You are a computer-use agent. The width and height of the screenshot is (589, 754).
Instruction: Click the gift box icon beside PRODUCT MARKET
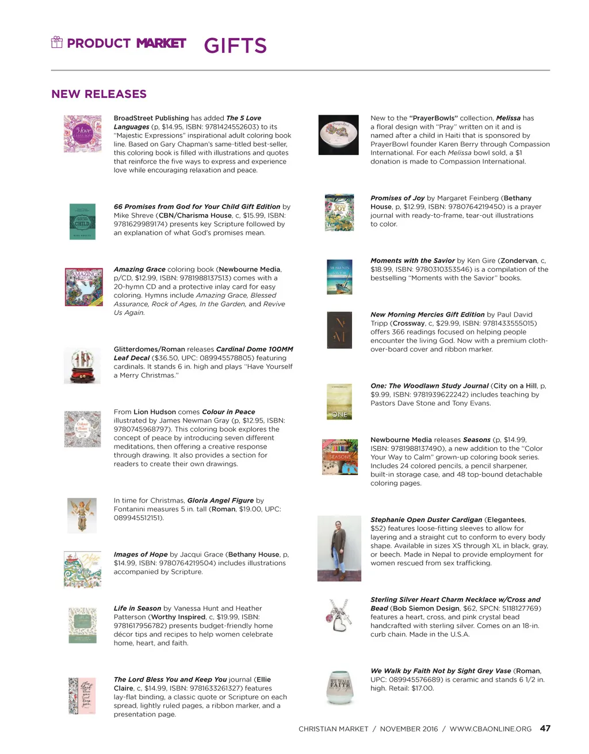(x=57, y=42)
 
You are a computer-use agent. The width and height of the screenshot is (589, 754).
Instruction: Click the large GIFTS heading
(x=235, y=45)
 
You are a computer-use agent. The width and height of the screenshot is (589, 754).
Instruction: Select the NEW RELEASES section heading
(x=99, y=94)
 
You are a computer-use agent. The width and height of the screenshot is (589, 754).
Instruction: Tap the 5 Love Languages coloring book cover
(x=83, y=134)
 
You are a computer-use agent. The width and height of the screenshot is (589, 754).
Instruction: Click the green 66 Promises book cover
(x=82, y=222)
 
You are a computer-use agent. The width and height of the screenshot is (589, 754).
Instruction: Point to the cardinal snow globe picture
(x=82, y=365)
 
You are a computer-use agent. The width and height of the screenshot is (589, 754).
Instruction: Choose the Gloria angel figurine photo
(x=82, y=515)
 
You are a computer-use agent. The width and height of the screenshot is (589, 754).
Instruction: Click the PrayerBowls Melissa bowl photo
(x=339, y=135)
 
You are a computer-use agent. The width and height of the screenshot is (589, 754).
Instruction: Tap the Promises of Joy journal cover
(x=339, y=212)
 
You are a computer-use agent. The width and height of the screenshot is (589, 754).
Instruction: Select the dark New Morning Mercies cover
(x=339, y=330)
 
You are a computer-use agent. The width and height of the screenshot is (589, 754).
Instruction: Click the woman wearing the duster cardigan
(x=339, y=549)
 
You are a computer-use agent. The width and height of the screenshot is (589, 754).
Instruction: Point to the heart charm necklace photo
(x=339, y=615)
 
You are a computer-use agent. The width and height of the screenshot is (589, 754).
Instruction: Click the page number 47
(x=545, y=728)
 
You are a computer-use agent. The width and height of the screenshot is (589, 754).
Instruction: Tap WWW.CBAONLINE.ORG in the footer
(x=491, y=729)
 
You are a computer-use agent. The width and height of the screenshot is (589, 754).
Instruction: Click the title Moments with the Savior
(x=412, y=261)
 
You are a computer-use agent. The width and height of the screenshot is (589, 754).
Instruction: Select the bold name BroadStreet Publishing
(x=151, y=118)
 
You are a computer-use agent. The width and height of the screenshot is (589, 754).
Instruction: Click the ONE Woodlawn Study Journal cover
(x=339, y=401)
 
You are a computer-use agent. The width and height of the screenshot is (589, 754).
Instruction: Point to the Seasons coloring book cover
(x=340, y=457)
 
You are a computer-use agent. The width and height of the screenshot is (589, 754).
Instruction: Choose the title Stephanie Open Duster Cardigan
(x=426, y=520)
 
